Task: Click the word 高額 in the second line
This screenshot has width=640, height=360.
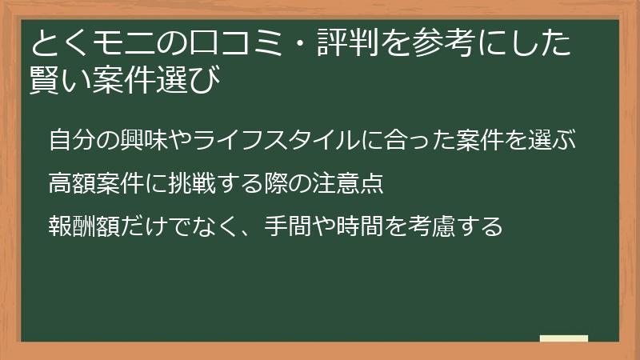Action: [x=71, y=183]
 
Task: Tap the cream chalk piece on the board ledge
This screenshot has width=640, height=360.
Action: [x=563, y=338]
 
